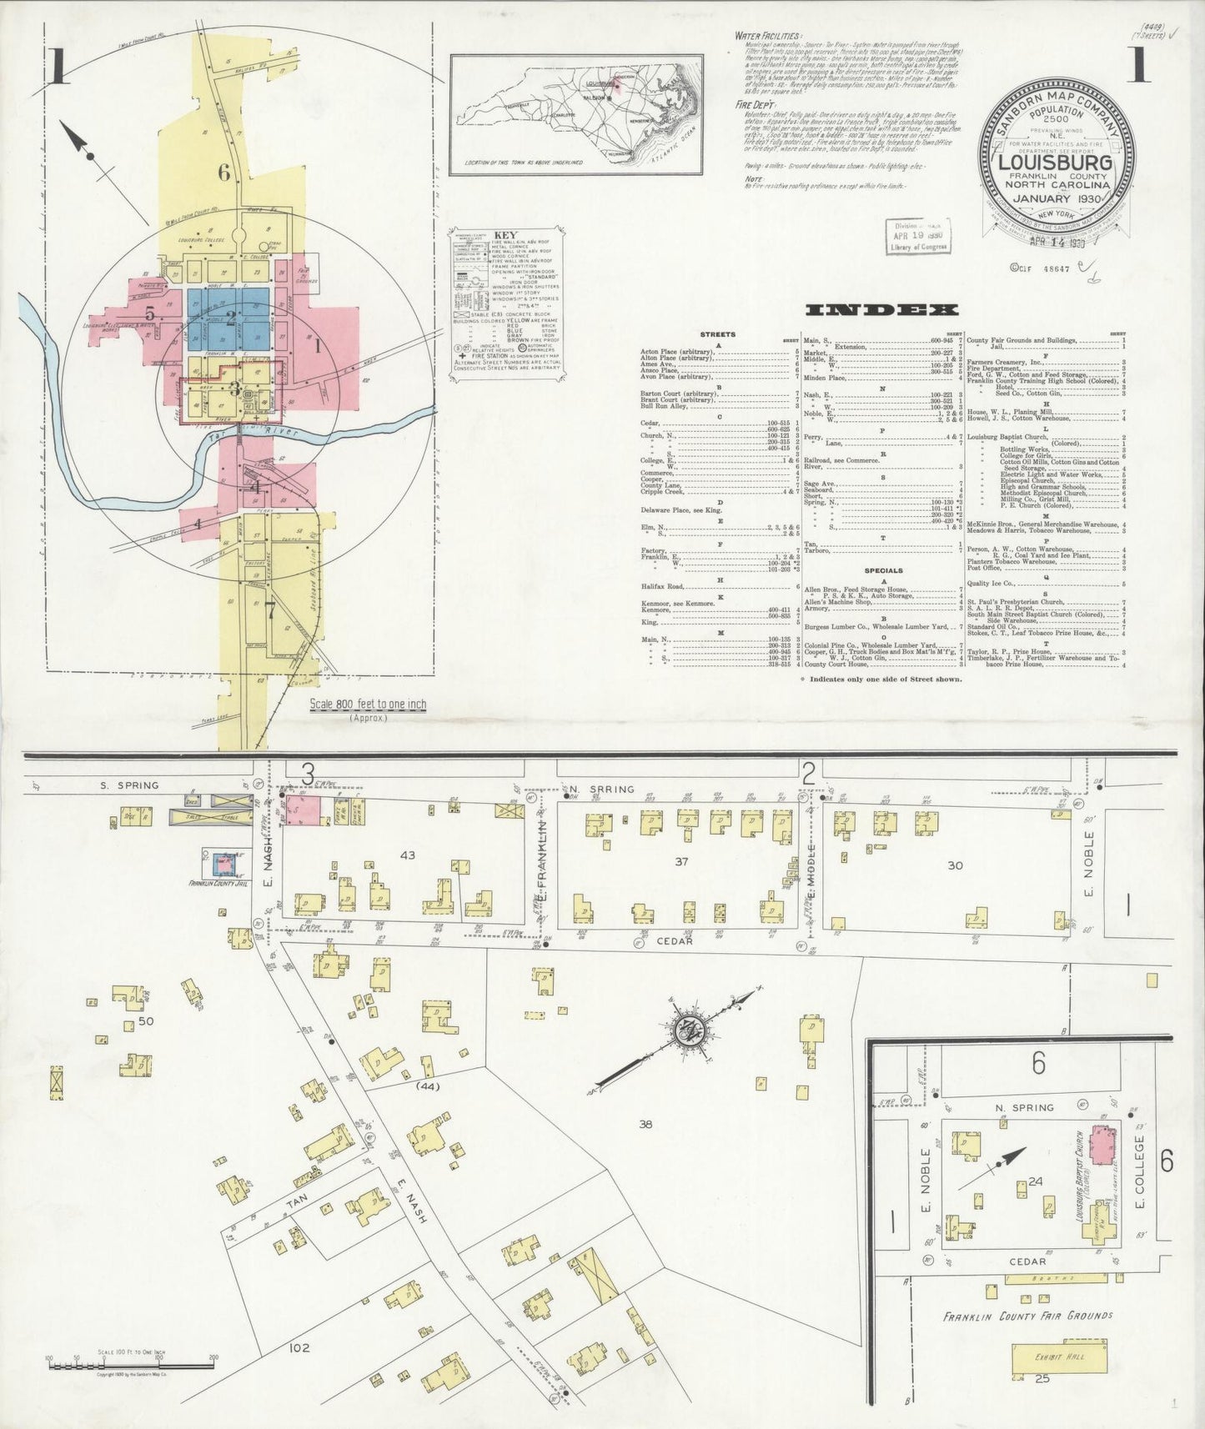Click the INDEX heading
pos(881,310)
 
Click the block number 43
pos(408,855)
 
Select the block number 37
pos(681,861)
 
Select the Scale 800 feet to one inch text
pos(368,704)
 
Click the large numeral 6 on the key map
pos(223,173)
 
